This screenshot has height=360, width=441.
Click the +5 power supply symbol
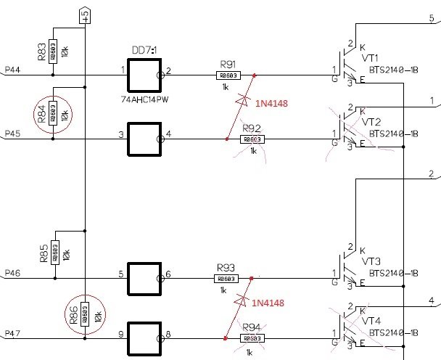pos(85,15)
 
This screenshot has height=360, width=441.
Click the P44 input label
pos(12,69)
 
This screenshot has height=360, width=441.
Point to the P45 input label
pos(12,134)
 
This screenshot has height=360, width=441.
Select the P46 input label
pos(12,273)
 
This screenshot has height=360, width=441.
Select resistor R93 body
pos(226,279)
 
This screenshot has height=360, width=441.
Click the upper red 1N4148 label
pos(271,104)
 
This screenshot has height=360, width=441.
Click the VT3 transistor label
pos(371,261)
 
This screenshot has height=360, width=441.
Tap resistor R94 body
pos(251,337)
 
